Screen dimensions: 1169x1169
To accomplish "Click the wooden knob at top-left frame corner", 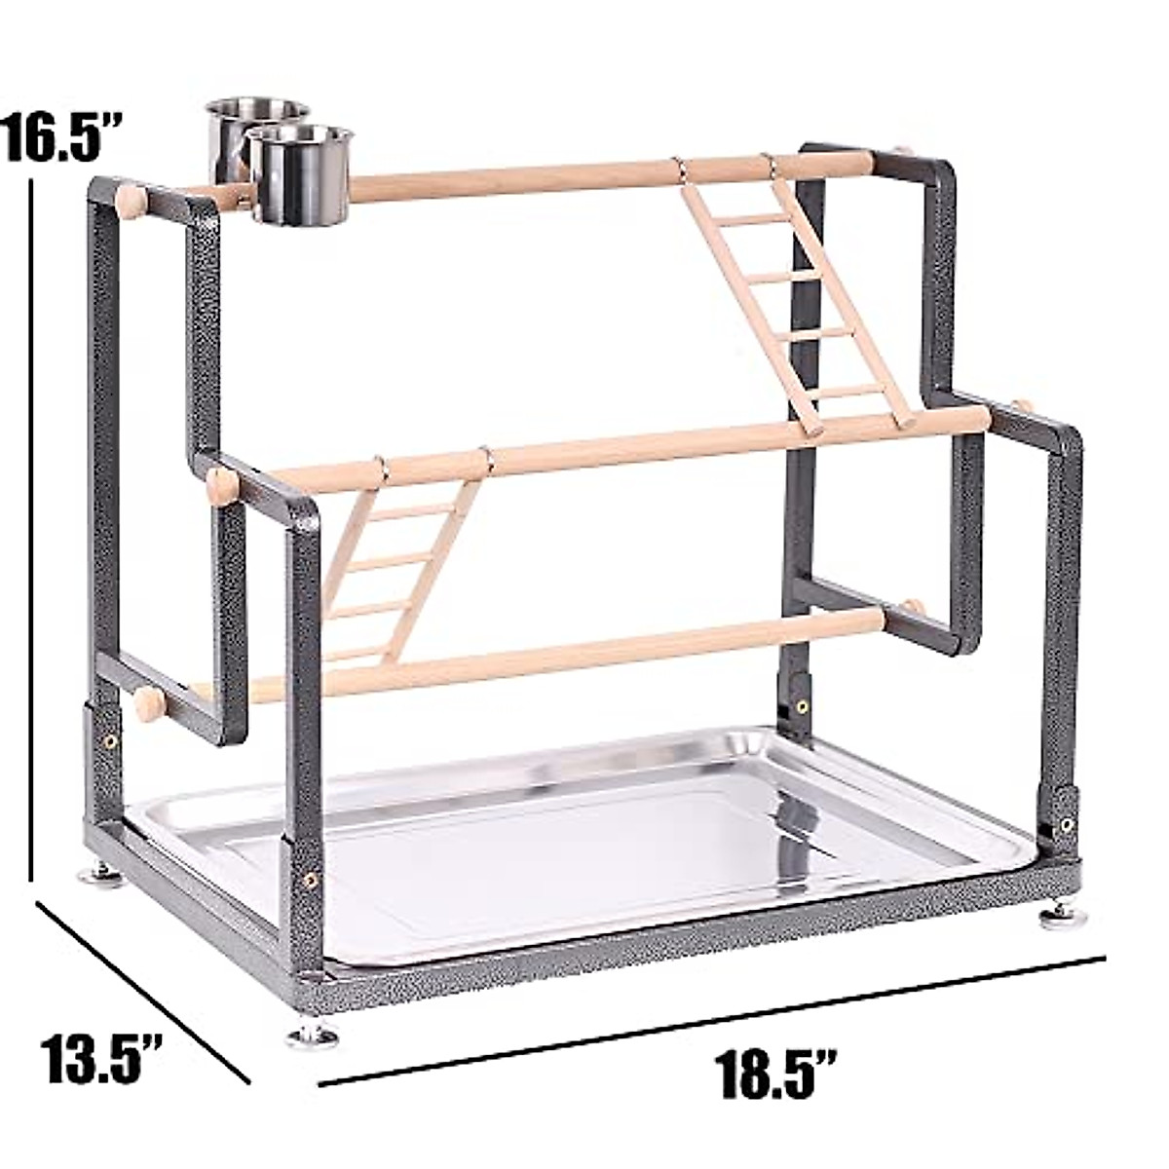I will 131,202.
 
